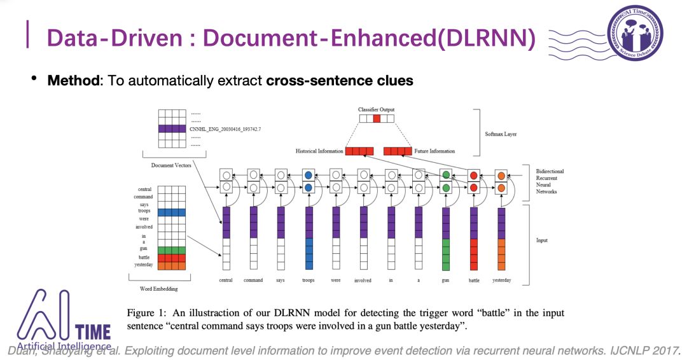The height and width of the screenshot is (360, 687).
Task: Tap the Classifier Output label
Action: [377, 110]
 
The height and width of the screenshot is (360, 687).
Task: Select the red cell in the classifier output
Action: [377, 118]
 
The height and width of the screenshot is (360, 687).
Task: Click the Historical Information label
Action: [320, 151]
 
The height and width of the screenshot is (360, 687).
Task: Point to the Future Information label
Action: [434, 151]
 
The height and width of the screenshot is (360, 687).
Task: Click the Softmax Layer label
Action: [502, 134]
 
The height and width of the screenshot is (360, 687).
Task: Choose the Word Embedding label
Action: [158, 289]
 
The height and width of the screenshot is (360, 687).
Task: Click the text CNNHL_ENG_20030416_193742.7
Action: [225, 129]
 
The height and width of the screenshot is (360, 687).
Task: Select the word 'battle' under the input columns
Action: [474, 280]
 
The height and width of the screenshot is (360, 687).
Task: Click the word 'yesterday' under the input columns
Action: [501, 280]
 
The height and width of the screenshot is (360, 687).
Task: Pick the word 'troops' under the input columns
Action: [308, 280]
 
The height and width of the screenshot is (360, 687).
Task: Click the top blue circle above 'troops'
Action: [309, 174]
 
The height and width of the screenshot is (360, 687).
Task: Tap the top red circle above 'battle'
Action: [473, 175]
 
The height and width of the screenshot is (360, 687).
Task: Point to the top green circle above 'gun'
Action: [446, 175]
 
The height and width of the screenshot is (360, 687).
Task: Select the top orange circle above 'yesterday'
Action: [501, 175]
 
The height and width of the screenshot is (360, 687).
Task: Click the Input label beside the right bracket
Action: [542, 240]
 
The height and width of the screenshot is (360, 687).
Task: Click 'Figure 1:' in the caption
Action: [146, 314]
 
